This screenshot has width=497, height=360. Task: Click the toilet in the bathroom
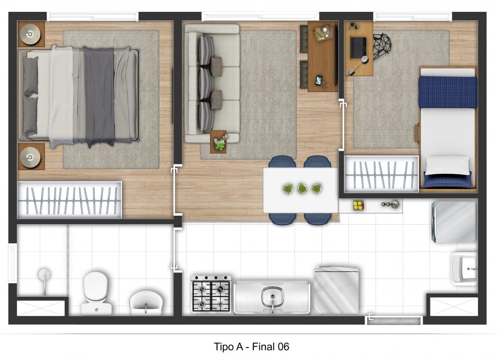point(96,293)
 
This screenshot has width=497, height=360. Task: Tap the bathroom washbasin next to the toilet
point(146,303)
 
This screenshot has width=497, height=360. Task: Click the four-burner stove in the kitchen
point(211,293)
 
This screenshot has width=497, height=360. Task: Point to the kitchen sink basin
point(272,297)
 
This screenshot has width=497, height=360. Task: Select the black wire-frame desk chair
point(382,46)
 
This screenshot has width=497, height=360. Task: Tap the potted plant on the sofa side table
point(221,142)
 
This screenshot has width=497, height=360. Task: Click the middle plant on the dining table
point(302,189)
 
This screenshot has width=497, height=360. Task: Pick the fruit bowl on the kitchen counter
point(358,205)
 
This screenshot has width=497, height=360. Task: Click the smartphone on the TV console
point(319,80)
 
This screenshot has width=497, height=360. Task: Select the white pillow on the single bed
point(447,165)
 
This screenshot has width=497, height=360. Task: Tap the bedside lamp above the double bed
point(30,34)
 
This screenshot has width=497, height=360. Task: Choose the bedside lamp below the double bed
point(30,157)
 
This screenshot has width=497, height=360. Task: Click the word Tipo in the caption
point(224,347)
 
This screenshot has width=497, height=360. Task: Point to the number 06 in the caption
point(283,347)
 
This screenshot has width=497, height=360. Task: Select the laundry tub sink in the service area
point(465,269)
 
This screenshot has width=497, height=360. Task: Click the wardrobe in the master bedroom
point(70,200)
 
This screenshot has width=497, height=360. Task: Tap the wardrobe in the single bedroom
point(382,174)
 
